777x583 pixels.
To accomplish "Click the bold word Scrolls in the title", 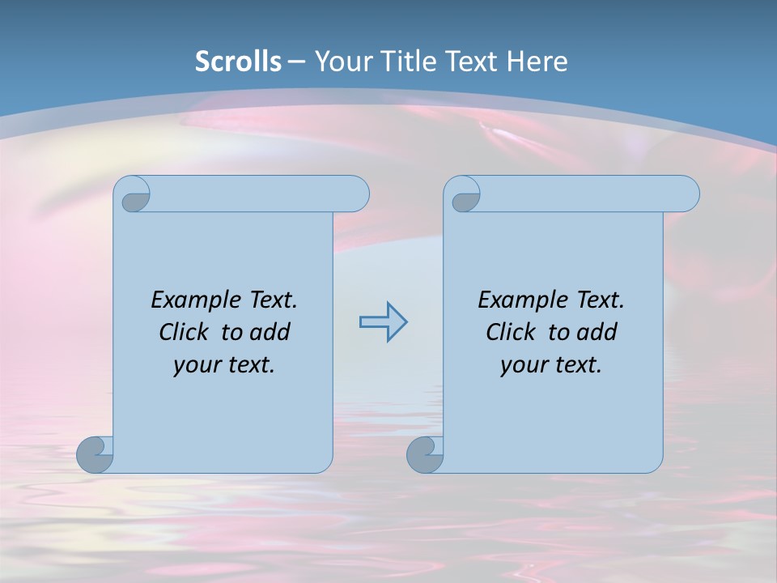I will click(x=238, y=62).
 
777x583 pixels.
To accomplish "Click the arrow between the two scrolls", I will click(x=383, y=322).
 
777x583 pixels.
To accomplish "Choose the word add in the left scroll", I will click(x=271, y=332).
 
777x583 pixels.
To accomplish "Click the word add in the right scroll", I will click(x=598, y=332).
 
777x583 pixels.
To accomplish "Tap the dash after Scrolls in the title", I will click(x=296, y=62).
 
